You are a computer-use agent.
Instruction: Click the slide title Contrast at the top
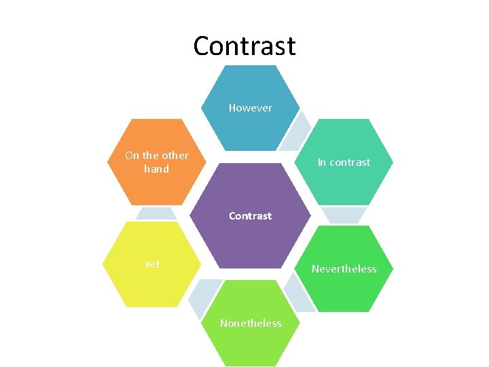[x=244, y=46]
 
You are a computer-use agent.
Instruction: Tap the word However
[x=250, y=108]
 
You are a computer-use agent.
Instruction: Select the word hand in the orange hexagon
[x=156, y=169]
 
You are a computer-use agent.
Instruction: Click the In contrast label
[x=344, y=162]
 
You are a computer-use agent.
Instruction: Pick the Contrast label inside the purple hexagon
[x=250, y=216]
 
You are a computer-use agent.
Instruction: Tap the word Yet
[x=152, y=264]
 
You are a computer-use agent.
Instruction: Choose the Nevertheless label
[x=344, y=269]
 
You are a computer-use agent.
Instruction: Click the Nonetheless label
[x=250, y=324]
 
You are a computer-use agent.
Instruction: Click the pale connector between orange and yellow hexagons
[x=156, y=213]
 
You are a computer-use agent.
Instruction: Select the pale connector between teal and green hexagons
[x=344, y=215]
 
